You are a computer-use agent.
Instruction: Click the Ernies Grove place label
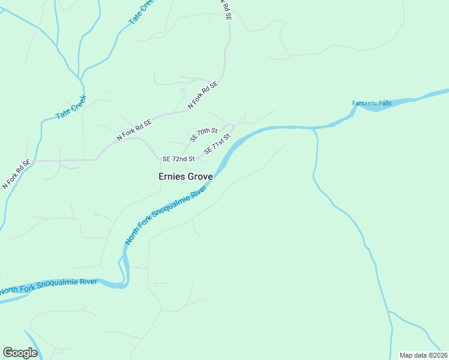pos(185,177)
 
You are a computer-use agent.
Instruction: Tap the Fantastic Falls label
pos(372,103)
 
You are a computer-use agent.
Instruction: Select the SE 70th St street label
pos(203,134)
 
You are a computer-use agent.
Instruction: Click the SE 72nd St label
pos(179,159)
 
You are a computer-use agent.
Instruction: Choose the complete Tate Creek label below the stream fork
pos(71,107)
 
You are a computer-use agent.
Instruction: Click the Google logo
pos(20,352)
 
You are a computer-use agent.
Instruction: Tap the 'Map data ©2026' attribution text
pos(424,355)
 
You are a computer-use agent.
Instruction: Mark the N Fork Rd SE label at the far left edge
pos(16,175)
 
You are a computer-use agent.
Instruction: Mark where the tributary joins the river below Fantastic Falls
pos(313,128)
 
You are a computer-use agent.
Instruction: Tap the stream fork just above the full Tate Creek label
pos(81,79)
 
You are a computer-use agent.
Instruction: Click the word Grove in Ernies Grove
pos(200,177)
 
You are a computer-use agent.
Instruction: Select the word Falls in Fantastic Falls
pos(385,103)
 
